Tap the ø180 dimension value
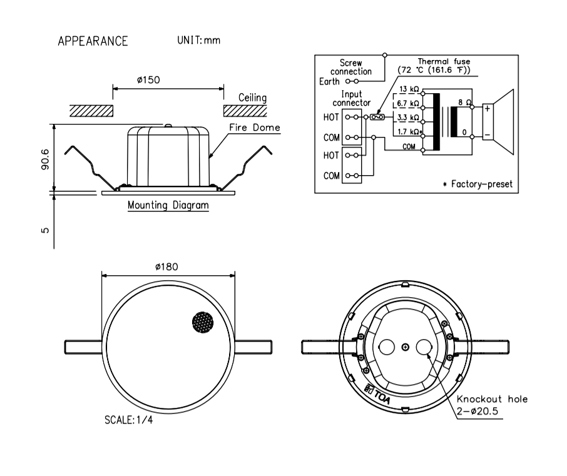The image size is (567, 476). [x=167, y=266]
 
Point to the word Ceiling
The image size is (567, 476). [x=253, y=98]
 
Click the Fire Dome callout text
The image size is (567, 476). [x=254, y=128]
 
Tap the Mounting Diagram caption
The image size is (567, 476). [x=168, y=205]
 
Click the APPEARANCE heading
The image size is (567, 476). [x=93, y=41]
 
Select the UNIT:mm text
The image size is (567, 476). [x=199, y=41]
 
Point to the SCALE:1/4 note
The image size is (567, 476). [x=128, y=420]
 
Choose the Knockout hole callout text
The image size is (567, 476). [x=492, y=399]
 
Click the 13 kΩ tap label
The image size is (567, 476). [x=408, y=89]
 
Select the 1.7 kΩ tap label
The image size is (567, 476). [x=409, y=132]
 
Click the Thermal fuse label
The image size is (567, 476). [x=444, y=62]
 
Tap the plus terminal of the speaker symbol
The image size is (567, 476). [x=486, y=108]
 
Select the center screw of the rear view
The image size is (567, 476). [x=406, y=347]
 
